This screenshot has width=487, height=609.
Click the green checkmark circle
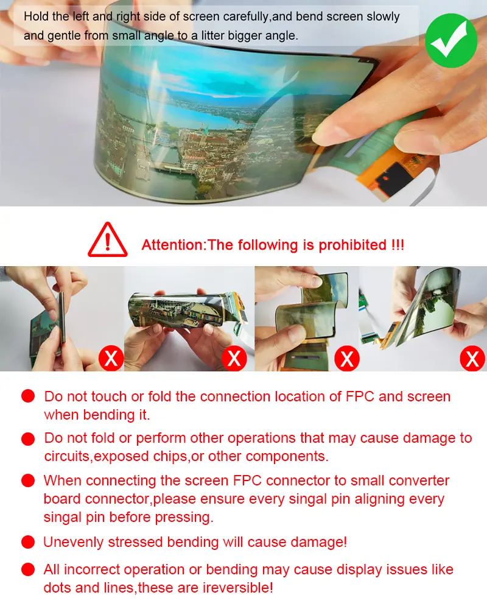[451, 40]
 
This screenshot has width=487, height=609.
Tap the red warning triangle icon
[108, 240]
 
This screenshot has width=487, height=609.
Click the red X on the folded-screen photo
[111, 357]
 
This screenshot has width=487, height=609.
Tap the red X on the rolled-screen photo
[234, 358]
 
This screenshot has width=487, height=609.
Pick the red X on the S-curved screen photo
[347, 358]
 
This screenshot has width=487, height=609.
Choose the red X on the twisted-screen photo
[472, 358]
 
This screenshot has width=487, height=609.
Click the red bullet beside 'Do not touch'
[28, 396]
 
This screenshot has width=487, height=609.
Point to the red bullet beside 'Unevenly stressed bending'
[28, 542]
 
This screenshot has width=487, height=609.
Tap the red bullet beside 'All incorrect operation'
[28, 569]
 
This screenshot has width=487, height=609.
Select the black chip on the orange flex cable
[396, 178]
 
